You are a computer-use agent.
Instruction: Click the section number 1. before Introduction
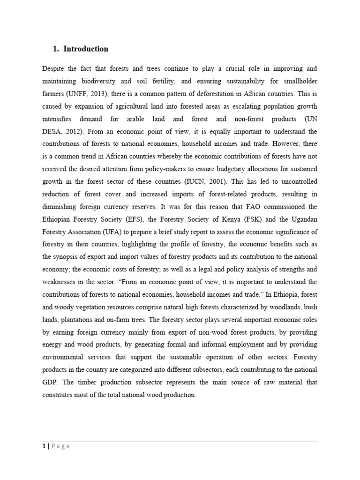coord(55,49)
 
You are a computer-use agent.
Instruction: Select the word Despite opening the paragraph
coord(54,69)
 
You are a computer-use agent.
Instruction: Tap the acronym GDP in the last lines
coord(49,382)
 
